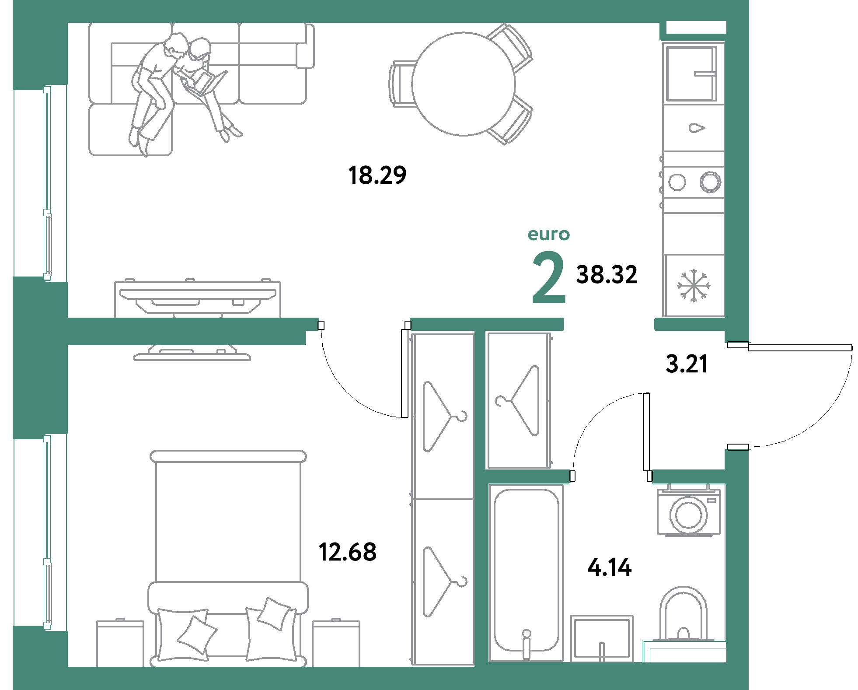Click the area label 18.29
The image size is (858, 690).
coord(377,175)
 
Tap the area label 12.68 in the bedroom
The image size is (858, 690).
coord(348,552)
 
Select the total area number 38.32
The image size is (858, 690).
coord(607,275)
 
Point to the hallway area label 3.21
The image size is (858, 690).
coord(687,364)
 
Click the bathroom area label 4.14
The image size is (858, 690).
coord(610,567)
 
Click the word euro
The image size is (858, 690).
coord(549,235)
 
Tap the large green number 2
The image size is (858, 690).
coord(549,278)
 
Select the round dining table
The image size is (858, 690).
coord(464,84)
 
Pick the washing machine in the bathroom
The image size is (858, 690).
coord(689,511)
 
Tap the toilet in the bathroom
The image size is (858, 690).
coord(683,615)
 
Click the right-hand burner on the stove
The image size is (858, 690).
coord(710,182)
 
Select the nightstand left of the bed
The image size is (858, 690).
coord(120,643)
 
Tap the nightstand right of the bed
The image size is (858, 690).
coord(336,643)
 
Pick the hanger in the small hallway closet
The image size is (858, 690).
coord(519,400)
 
